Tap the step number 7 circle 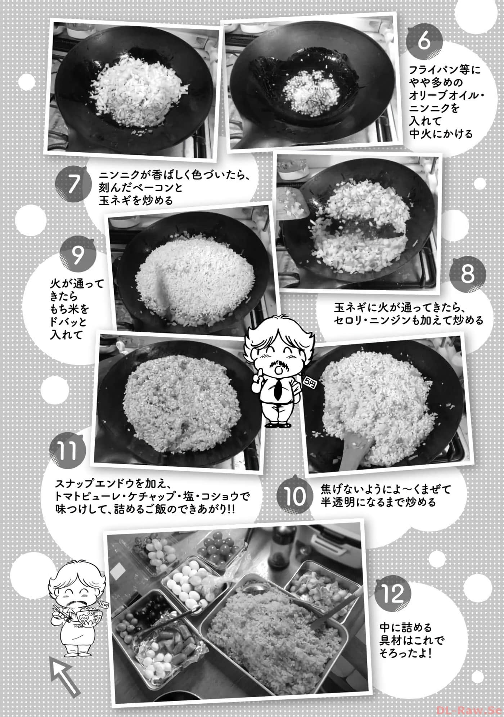tap(73, 185)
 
